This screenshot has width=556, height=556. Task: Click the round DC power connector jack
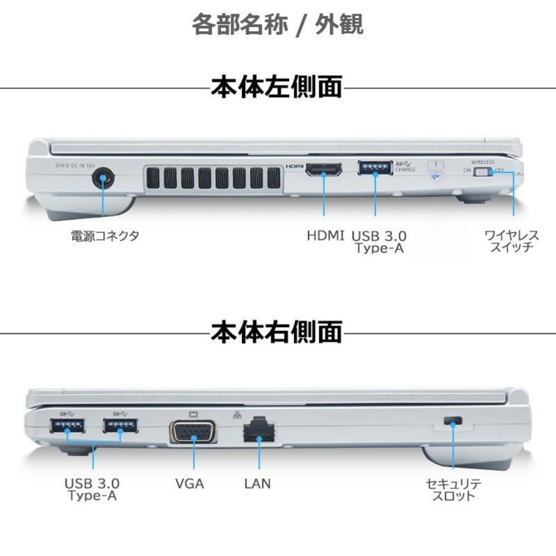click(x=102, y=180)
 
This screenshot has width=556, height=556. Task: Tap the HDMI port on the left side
click(x=324, y=170)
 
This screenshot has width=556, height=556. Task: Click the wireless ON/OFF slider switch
click(x=483, y=172)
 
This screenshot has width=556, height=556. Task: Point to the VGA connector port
click(x=193, y=431)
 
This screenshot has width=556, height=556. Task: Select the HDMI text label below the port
click(x=326, y=236)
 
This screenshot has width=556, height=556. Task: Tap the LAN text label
click(x=257, y=483)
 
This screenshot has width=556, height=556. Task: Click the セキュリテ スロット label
click(x=454, y=489)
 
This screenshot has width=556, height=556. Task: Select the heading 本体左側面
click(x=276, y=88)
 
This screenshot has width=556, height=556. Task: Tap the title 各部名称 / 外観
click(x=277, y=25)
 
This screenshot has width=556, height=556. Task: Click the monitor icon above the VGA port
click(x=193, y=414)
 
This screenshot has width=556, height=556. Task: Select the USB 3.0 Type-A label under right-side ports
click(x=92, y=489)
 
